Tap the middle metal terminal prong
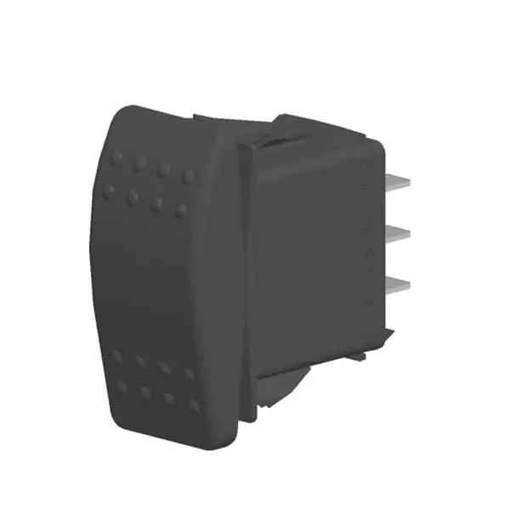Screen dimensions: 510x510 [400, 233]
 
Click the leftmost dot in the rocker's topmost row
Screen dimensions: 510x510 [116, 159]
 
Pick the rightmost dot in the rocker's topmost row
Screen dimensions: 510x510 [189, 176]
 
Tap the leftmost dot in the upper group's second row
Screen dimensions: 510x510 [109, 191]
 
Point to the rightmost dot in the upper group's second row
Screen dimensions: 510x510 [181, 209]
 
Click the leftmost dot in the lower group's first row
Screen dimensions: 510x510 [116, 355]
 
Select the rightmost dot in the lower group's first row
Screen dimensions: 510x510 [188, 372]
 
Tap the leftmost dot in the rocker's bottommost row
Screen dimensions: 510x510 [122, 387]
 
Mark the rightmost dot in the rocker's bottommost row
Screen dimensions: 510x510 [195, 405]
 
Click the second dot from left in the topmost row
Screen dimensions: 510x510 [141, 164]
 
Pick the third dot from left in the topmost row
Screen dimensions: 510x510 [165, 169]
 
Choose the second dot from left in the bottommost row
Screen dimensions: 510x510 [146, 393]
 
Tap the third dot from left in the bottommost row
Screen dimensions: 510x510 [170, 399]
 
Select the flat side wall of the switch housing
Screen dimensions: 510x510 [314, 255]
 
